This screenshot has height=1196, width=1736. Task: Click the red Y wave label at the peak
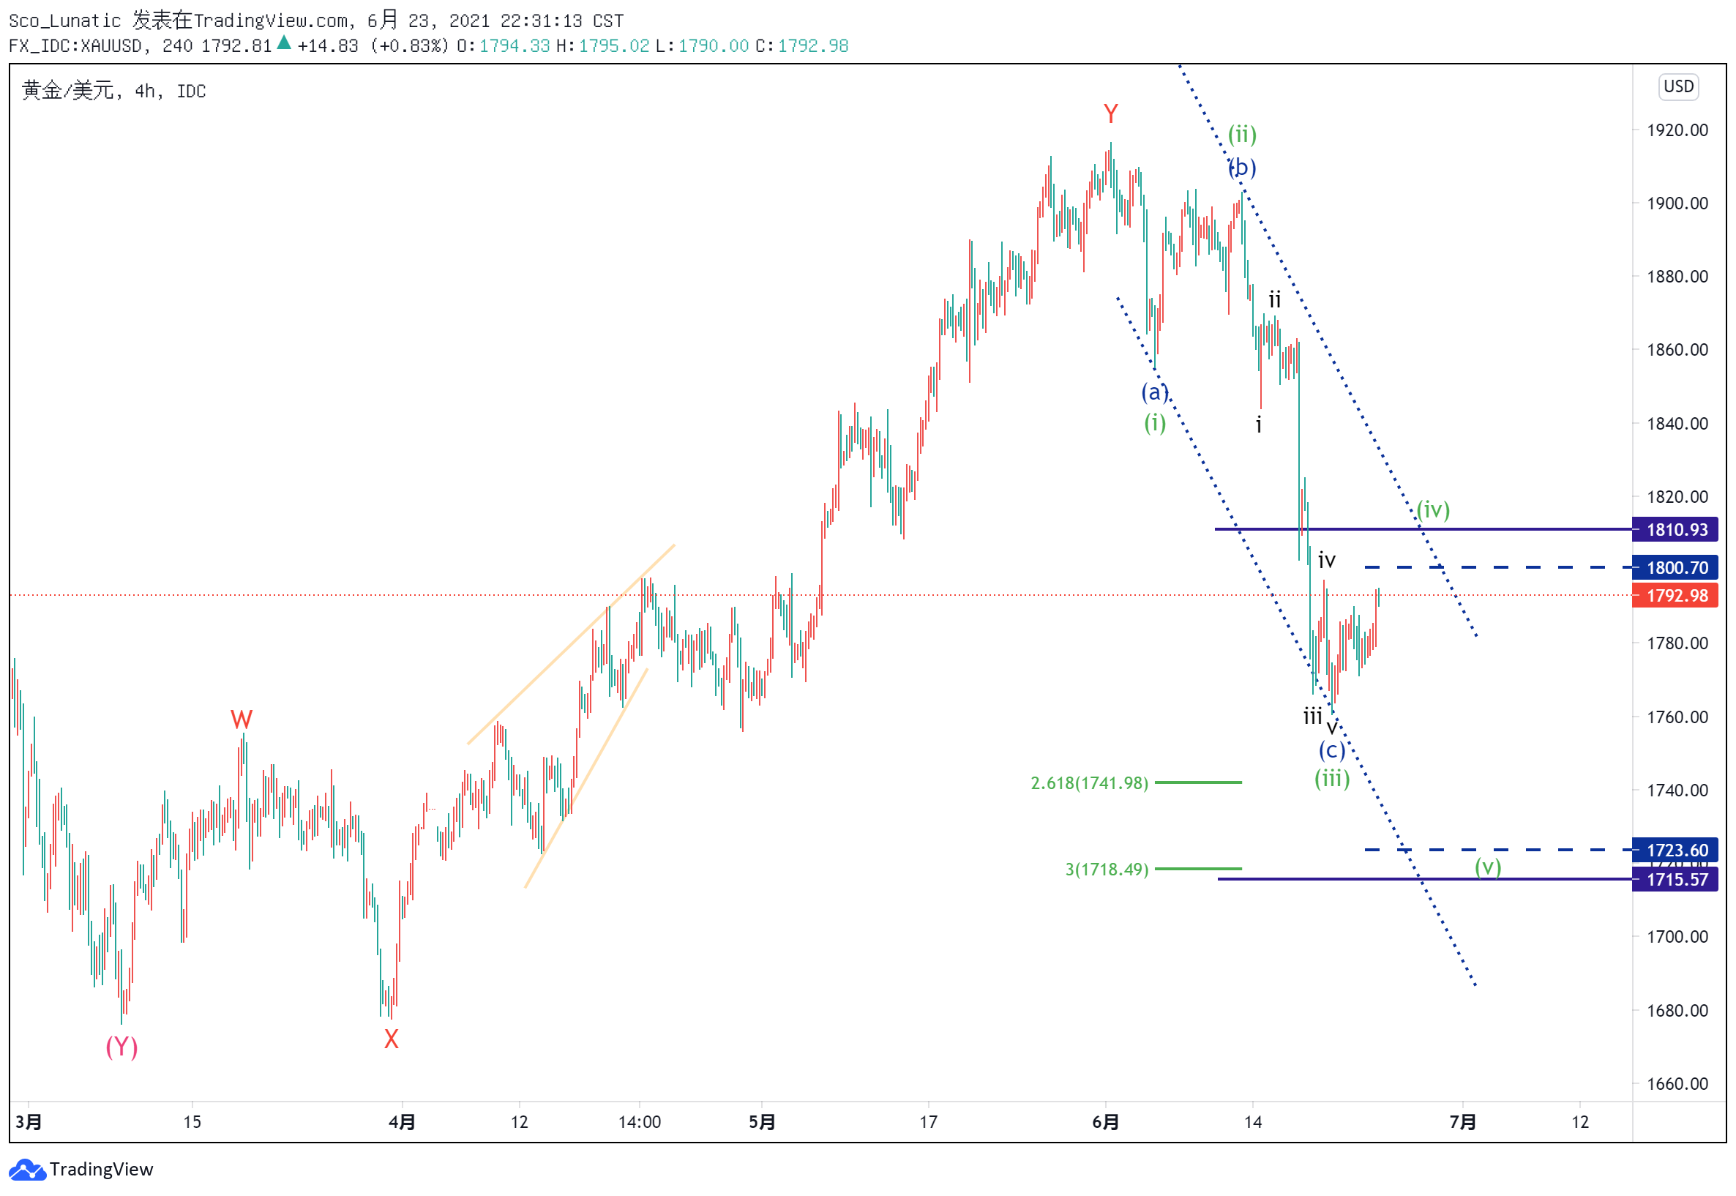click(x=1110, y=114)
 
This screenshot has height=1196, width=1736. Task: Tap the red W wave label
click(x=242, y=720)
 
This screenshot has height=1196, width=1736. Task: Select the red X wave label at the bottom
click(x=391, y=1039)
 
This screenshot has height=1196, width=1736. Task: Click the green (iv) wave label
click(x=1432, y=509)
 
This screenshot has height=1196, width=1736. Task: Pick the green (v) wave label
click(x=1487, y=867)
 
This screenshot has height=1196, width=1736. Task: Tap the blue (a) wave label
click(x=1155, y=392)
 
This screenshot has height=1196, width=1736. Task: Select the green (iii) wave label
click(x=1331, y=779)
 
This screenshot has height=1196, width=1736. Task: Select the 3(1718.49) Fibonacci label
click(x=1106, y=870)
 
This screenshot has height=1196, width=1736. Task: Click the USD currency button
click(x=1677, y=86)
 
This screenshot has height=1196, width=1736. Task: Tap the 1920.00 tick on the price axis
click(x=1677, y=130)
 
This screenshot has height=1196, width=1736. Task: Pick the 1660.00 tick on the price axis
click(x=1677, y=1083)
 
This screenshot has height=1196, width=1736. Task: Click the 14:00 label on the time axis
click(x=639, y=1122)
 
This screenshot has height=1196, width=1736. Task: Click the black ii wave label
click(x=1273, y=301)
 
